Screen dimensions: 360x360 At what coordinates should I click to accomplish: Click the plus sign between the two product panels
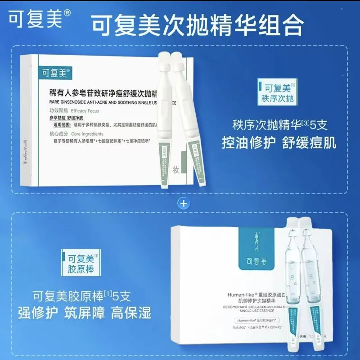click(x=184, y=203)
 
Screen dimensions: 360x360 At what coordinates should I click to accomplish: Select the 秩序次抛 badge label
click(x=277, y=94)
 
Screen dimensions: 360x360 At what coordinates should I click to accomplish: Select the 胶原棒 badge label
click(x=81, y=264)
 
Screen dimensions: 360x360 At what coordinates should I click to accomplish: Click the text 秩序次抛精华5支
click(x=280, y=125)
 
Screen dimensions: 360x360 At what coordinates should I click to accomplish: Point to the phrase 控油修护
click(x=249, y=143)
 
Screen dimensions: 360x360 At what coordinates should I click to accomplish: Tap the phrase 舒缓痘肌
click(x=309, y=143)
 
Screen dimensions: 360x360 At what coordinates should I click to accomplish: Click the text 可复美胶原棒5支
click(x=82, y=296)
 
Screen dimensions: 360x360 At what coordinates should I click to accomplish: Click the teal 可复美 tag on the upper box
click(x=55, y=73)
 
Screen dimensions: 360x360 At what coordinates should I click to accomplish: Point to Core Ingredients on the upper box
click(x=87, y=134)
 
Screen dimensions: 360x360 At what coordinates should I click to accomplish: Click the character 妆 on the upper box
click(x=176, y=169)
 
